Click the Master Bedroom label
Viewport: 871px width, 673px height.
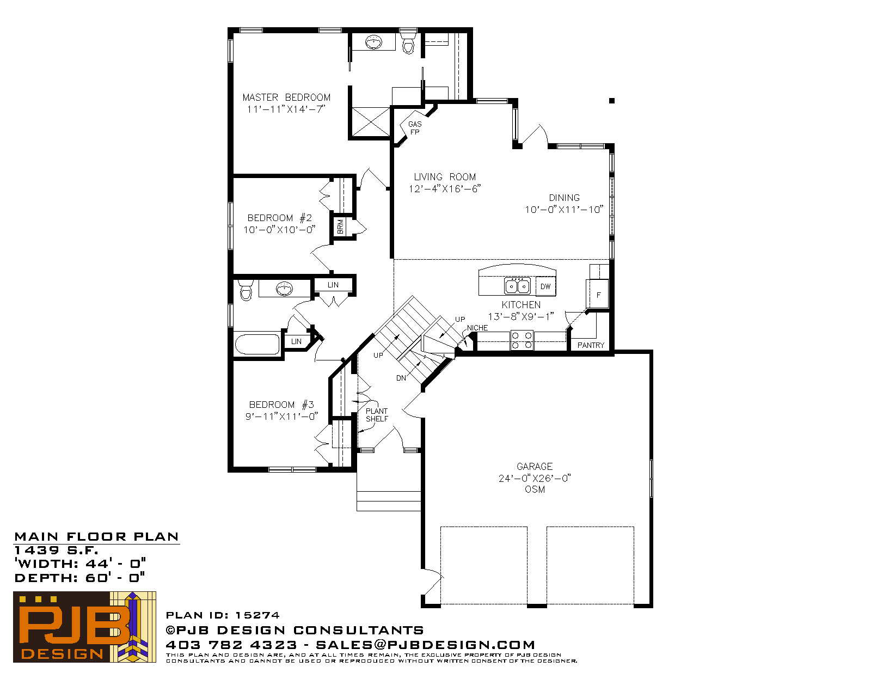pos(286,97)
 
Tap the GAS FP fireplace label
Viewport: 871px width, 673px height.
pos(415,128)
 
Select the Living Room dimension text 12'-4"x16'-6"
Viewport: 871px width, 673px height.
pos(445,189)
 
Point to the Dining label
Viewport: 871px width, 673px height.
pos(564,198)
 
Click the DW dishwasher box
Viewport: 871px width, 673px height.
pos(545,286)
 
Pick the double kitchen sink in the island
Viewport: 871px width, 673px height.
pos(518,286)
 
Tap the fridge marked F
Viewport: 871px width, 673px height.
pos(598,294)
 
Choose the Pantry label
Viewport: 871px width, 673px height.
pos(591,345)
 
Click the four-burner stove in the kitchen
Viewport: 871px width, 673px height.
pos(522,340)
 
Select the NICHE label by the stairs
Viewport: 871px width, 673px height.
pos(477,328)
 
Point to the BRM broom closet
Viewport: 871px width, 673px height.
pos(340,227)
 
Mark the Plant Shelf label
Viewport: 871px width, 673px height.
pos(377,415)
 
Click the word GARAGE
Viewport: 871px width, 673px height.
pos(535,467)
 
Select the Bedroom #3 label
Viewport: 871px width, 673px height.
pos(281,405)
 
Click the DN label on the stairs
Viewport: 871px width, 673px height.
pos(401,378)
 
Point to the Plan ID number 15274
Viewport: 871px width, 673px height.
pos(257,615)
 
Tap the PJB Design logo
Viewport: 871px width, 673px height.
pos(84,627)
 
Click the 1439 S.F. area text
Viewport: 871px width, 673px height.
pos(56,550)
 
